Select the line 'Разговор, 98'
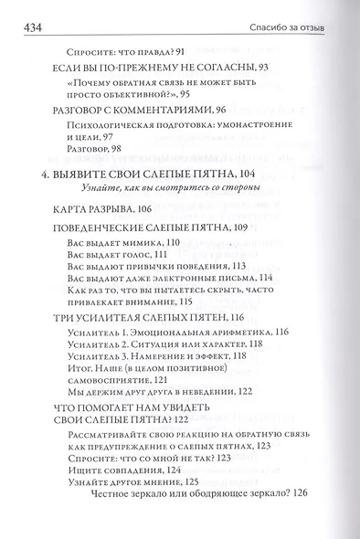(98, 147)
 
